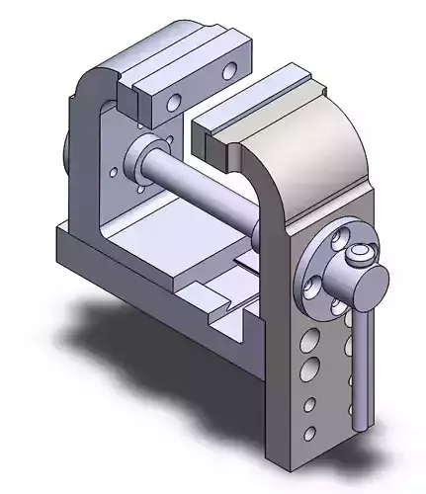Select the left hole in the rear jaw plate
[x=174, y=102]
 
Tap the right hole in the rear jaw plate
[x=230, y=70]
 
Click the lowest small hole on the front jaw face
[x=310, y=433]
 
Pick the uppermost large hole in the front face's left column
[x=307, y=340]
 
